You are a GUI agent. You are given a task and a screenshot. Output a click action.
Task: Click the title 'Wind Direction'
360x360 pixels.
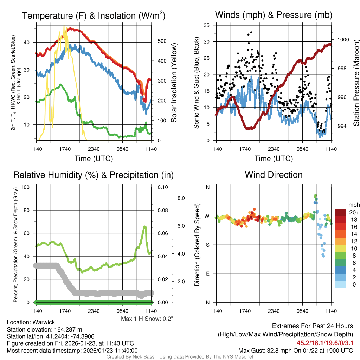[274, 175]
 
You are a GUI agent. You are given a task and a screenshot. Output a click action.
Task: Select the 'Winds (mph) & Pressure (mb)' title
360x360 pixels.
[274, 15]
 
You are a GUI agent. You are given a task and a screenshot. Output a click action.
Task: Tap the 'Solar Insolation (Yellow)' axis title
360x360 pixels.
[174, 83]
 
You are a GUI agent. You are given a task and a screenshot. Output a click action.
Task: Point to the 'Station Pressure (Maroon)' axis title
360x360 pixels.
[356, 83]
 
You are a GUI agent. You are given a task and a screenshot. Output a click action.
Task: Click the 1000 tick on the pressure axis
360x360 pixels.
[342, 40]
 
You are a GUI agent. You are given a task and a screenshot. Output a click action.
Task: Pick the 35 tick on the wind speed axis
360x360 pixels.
[207, 25]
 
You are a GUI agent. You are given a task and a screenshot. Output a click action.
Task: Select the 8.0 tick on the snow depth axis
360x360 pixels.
[180, 198]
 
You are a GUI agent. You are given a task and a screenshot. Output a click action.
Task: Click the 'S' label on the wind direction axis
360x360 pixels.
[208, 245]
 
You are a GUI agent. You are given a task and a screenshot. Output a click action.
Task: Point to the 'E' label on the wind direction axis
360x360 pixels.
[208, 274]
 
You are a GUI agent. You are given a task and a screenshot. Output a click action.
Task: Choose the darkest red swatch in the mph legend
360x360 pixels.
[341, 212]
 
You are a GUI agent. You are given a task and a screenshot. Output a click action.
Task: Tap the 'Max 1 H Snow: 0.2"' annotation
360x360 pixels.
[147, 319]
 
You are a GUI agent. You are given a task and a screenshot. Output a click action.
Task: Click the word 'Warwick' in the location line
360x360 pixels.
[44, 322]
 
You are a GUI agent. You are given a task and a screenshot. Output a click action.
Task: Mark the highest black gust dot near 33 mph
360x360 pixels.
[251, 32]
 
